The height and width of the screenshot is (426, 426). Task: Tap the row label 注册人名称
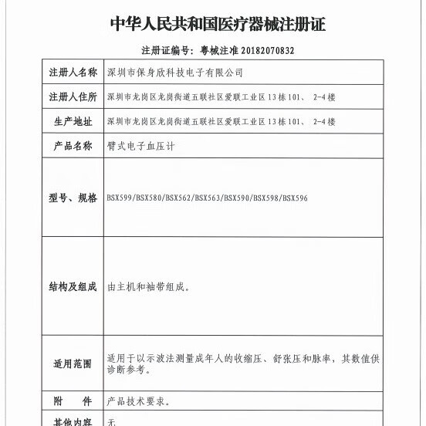coord(73,73)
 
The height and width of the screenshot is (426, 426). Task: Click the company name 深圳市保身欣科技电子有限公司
coord(174,73)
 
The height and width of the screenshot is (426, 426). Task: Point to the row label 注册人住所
coord(73,97)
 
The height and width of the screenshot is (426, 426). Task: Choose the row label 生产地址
coord(73,121)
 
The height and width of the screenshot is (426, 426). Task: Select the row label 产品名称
coord(73,145)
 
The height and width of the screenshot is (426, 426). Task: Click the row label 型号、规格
coord(73,198)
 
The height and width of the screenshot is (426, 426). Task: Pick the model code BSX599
coord(120,198)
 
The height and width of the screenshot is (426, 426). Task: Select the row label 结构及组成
coord(73,286)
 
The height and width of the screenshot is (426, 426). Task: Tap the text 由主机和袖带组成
coord(147,286)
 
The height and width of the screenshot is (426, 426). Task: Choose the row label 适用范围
coord(73,363)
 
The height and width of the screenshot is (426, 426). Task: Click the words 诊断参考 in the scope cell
coord(127,370)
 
